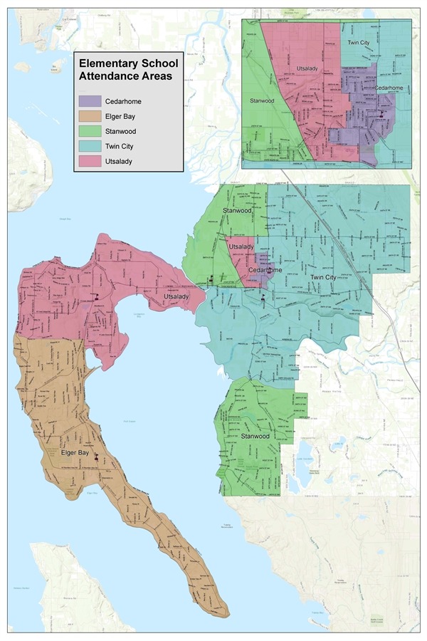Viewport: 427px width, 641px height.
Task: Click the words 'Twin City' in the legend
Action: [120, 147]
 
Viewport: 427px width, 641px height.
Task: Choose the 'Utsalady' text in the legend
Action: [119, 162]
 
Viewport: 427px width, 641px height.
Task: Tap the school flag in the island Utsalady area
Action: [93, 297]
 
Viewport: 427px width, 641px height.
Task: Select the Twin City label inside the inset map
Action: [359, 43]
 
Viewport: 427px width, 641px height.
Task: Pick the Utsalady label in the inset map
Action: [307, 68]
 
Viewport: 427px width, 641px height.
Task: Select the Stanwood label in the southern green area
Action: [254, 435]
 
